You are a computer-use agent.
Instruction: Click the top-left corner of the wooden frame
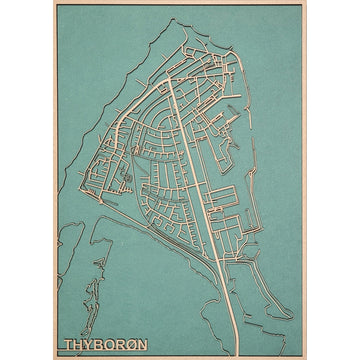(54, 2)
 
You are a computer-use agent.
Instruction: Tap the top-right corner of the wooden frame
(306, 2)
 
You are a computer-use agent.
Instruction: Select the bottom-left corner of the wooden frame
(54, 357)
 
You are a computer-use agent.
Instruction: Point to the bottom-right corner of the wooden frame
(306, 357)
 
